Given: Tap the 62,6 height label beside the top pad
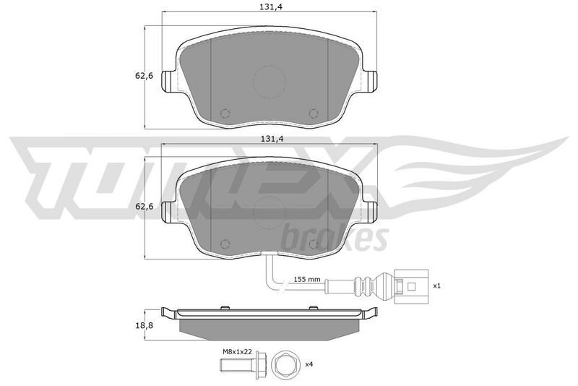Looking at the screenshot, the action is click(x=144, y=76).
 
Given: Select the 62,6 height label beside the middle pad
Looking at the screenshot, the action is click(x=144, y=207).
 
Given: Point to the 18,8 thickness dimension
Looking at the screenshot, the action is click(x=144, y=325).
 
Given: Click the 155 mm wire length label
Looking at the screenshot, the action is click(x=307, y=279).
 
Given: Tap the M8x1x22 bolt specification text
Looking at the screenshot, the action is click(x=237, y=352).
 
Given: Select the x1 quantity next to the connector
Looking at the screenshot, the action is click(x=436, y=286).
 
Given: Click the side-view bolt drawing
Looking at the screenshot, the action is click(x=242, y=365).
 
